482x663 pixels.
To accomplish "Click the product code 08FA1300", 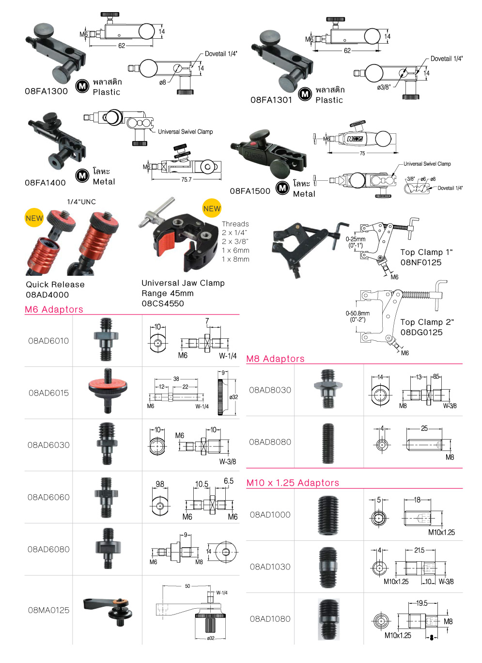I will pos(46,91).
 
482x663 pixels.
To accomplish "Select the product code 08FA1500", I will pos(250,191).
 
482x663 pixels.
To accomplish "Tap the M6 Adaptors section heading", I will pos(54,309).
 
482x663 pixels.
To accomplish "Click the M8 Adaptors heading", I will pos(275,359).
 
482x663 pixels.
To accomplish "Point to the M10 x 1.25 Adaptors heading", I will pos(293,483).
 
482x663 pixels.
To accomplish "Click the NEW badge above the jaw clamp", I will pos(212,208).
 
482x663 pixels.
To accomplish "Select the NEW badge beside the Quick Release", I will pos(34,218).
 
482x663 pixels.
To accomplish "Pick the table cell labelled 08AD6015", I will pos(48,393).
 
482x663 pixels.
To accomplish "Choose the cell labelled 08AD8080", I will pos(270,442).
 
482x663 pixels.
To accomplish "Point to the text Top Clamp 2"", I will pos(427,322).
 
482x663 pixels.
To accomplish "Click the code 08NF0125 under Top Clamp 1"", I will pos(421,262).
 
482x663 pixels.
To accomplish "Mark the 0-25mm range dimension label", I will pos(356,239).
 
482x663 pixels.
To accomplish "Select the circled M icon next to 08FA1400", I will pos(82,175).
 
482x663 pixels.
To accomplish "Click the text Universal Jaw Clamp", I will pos(183,283).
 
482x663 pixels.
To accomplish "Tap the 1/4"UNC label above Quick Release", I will pos(81,202).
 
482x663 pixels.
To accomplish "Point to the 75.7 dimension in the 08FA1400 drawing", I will pos(186,179).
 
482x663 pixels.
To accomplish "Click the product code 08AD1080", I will pos(270,619).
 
